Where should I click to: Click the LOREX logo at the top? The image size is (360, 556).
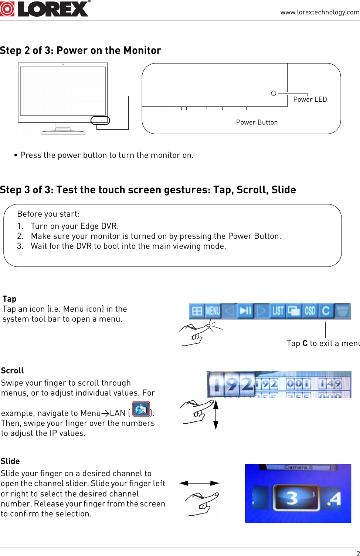(x=45, y=9)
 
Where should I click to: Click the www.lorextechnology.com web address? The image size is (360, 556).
(x=319, y=12)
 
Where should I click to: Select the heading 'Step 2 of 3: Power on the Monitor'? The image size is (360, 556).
(x=81, y=50)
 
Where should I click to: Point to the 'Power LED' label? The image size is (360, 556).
(x=310, y=99)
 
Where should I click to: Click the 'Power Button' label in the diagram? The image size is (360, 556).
(x=257, y=122)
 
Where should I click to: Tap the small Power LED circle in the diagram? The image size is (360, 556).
(x=274, y=93)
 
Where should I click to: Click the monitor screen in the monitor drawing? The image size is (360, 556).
(x=63, y=91)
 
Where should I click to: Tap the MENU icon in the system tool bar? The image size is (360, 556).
(x=213, y=311)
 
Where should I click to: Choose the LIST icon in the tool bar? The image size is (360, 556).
(x=278, y=311)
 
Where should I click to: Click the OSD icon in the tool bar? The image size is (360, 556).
(x=310, y=311)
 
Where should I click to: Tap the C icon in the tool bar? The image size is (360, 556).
(x=326, y=311)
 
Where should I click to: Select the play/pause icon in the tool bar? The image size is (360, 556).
(x=245, y=311)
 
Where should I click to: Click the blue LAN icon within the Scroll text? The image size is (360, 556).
(x=141, y=409)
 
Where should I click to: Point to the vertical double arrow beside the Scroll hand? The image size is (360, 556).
(x=216, y=415)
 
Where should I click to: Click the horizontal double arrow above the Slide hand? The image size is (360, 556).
(x=199, y=483)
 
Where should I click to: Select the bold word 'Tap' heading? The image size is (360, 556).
(x=9, y=299)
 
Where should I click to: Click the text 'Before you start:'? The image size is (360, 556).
(x=48, y=214)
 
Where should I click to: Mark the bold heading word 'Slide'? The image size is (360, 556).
(x=10, y=461)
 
